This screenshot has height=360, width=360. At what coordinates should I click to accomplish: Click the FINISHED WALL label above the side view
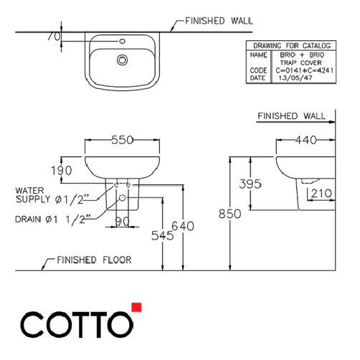[x=291, y=115]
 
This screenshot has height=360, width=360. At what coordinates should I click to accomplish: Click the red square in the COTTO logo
[x=136, y=308]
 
